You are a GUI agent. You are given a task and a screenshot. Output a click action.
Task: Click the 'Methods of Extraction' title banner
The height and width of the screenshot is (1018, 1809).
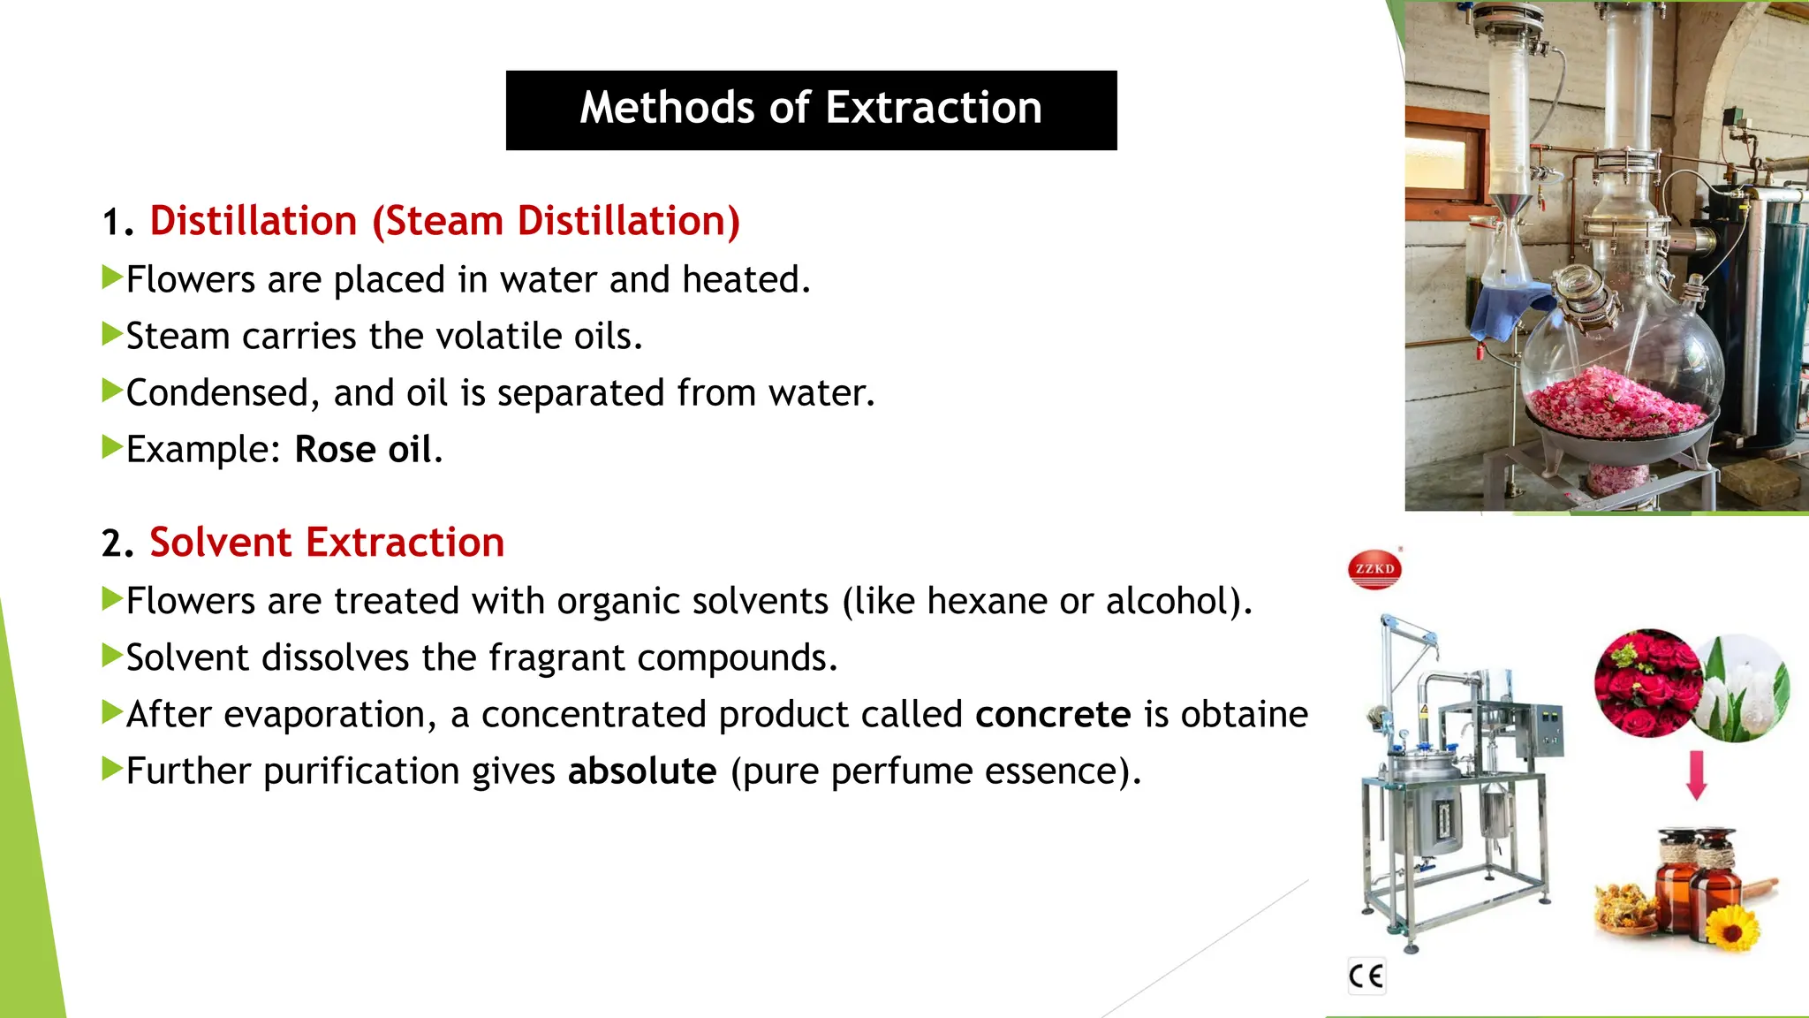(x=811, y=110)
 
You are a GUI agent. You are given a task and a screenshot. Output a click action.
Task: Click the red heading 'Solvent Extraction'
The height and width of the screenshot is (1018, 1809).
(x=327, y=543)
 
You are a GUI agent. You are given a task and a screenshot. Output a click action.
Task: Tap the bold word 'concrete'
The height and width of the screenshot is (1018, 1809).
(x=1053, y=715)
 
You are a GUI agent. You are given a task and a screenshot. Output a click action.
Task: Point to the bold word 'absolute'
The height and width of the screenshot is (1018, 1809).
(x=642, y=771)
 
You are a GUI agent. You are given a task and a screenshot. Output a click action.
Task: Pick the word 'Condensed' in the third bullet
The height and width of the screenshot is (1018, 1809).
(x=217, y=393)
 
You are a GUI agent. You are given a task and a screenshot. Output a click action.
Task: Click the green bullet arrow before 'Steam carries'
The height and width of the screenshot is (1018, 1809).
(x=111, y=335)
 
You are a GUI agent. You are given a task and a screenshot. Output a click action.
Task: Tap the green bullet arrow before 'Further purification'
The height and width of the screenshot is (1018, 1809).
(x=111, y=769)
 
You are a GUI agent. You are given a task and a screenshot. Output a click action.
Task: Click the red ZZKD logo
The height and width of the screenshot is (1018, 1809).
(x=1374, y=568)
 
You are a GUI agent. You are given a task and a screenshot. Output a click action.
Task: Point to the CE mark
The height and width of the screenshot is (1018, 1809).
(x=1366, y=976)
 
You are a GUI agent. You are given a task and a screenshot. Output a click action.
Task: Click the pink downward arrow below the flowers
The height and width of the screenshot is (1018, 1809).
(x=1696, y=775)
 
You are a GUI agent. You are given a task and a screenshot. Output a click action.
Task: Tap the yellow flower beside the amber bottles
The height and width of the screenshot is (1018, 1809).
(x=1732, y=927)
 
